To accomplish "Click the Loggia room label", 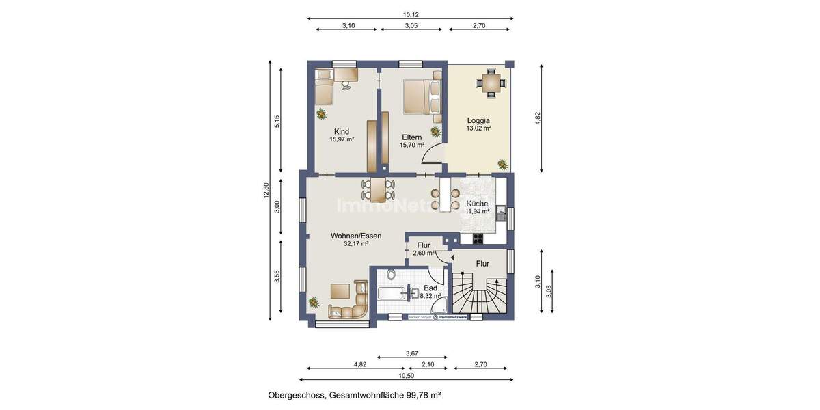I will [x=478, y=120].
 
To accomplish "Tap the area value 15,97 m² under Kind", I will [x=342, y=139].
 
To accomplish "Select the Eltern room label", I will [x=411, y=137].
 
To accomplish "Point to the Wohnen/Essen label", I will [x=356, y=236].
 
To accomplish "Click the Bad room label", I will [x=430, y=288].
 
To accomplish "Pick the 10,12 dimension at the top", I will [x=410, y=14].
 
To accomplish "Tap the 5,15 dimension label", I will [x=277, y=122].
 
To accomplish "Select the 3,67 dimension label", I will [x=411, y=353].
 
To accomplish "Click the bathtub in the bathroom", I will [x=393, y=295].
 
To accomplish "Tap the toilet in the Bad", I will [x=390, y=275].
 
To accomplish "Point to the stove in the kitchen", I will [x=477, y=238].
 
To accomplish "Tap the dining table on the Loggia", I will [x=491, y=83].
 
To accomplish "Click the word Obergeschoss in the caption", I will [x=297, y=395].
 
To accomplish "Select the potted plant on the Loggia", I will [x=503, y=164].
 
